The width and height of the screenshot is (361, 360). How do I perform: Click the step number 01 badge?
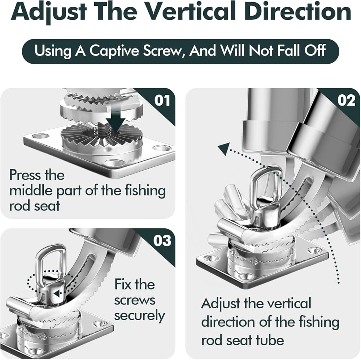(x=162, y=100)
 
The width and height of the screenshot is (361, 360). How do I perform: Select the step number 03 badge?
(x=162, y=241)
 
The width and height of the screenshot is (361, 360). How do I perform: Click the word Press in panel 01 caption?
(x=23, y=175)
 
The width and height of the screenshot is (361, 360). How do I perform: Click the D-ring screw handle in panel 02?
(x=267, y=183)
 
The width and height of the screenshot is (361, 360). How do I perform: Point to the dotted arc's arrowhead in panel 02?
(x=224, y=147)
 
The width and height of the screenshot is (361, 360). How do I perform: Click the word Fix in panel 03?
(x=123, y=284)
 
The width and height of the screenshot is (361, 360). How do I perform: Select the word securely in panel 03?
(x=139, y=316)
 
